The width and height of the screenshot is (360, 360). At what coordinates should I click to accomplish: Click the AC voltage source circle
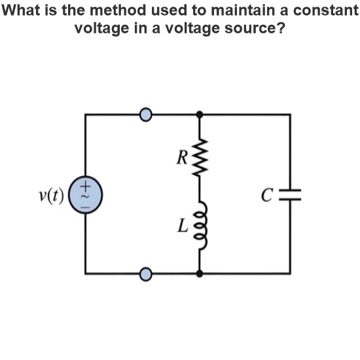(86, 195)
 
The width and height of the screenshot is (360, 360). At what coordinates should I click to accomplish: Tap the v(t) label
(51, 196)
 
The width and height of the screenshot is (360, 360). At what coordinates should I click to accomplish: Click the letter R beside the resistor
(182, 158)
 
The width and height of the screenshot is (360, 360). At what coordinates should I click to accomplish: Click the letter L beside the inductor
(183, 225)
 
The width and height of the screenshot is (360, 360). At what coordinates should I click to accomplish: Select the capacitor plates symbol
(290, 194)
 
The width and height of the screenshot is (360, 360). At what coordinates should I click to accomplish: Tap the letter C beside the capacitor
(267, 195)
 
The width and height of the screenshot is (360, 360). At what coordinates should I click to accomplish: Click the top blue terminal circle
(146, 115)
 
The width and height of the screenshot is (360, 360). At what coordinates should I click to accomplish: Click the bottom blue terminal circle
(146, 274)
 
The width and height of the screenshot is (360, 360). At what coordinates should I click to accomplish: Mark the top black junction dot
(200, 115)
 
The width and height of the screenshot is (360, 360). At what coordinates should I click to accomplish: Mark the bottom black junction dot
(200, 274)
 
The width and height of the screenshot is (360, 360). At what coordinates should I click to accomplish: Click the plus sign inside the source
(85, 186)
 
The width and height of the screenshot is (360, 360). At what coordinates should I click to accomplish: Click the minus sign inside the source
(85, 207)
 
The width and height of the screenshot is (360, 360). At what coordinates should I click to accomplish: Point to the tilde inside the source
(85, 196)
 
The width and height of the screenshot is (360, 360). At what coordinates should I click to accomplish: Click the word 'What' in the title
(21, 10)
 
